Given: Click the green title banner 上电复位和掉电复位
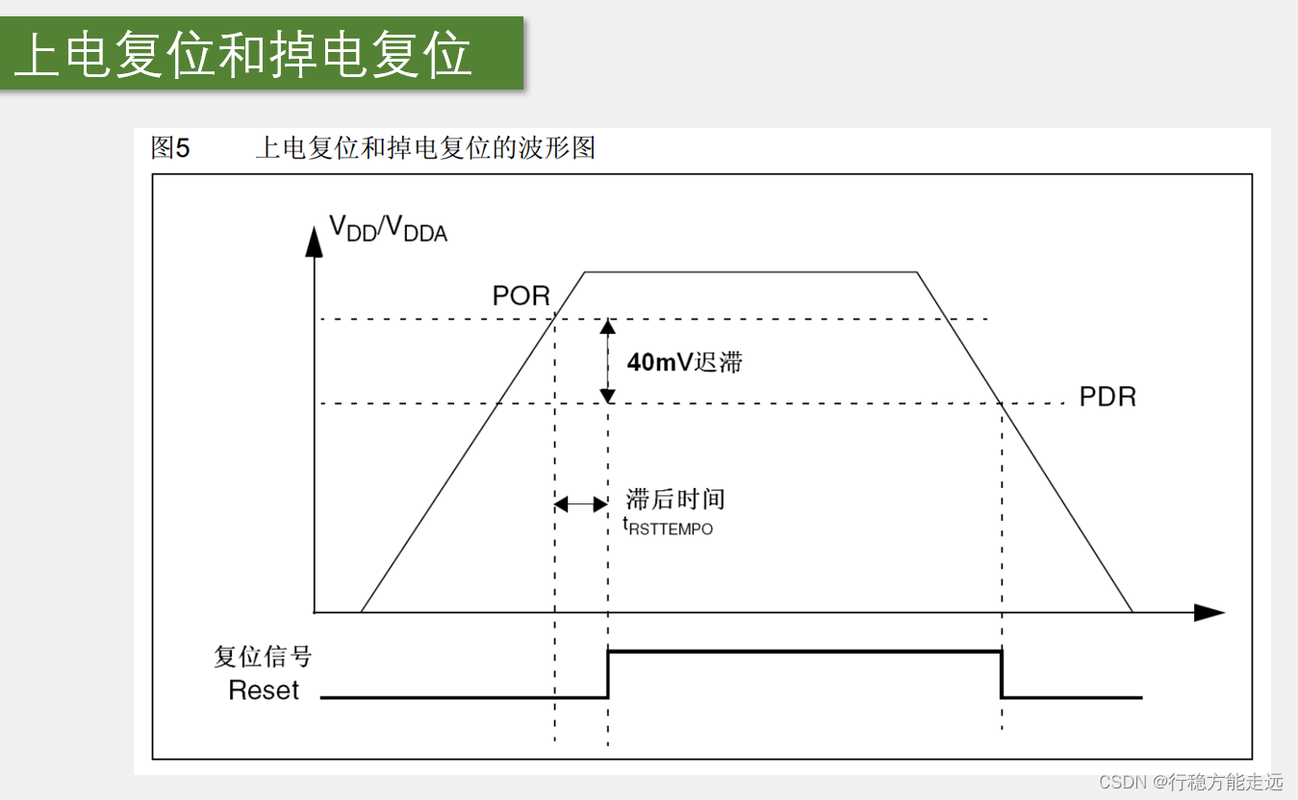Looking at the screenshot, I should point(262,54).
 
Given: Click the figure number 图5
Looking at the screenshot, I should point(171,148).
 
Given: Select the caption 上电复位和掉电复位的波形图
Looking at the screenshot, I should point(425,148).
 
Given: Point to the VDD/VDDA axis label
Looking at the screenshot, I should point(388,228).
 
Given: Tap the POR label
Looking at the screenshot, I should point(521,296).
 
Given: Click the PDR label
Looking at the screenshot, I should point(1107,397).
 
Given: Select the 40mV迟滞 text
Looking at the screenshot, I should point(685,363).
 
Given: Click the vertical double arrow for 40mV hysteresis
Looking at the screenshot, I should point(607,361).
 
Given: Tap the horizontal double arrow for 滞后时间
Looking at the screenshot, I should point(581,503).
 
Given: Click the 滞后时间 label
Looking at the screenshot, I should point(675,499).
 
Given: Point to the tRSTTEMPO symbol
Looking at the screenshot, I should point(669,528).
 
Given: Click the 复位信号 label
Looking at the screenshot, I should point(263,657).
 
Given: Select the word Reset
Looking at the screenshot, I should point(264,690).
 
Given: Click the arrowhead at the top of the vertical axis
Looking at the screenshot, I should point(314,242).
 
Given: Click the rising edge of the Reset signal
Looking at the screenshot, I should point(608,674).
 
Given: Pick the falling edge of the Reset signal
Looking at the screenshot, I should point(1002,674).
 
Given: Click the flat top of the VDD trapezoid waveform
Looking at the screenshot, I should point(751,272).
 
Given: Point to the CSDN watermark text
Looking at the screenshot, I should point(1191,781).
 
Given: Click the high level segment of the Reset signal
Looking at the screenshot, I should point(804,653).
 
